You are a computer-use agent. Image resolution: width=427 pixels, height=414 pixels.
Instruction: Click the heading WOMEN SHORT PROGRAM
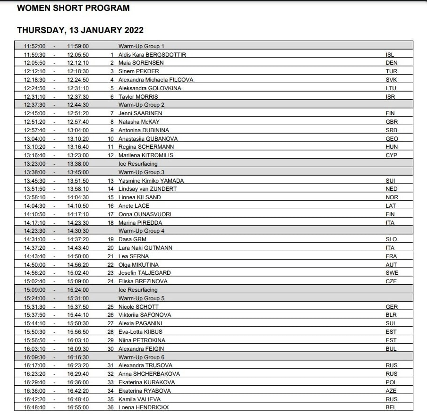pos(73,8)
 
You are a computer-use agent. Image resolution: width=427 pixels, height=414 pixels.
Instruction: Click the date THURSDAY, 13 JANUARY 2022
pos(80,30)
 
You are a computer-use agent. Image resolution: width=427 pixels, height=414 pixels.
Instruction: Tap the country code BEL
pos(391,407)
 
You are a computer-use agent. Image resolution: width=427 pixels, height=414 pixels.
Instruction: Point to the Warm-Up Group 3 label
pos(141,172)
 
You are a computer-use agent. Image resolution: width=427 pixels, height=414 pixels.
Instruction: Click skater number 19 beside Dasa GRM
pos(111,239)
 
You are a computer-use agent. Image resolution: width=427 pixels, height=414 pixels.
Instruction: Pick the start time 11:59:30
pos(35,54)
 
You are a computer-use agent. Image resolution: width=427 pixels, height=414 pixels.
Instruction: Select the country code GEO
pos(392,139)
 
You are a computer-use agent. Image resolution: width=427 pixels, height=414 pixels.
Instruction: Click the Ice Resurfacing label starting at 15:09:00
pos(138,290)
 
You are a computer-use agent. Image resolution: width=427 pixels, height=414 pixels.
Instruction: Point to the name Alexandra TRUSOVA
pos(145,365)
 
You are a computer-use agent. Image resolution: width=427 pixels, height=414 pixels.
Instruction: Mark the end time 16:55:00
pos(78,407)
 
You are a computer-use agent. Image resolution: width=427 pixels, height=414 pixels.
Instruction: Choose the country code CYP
pos(392,155)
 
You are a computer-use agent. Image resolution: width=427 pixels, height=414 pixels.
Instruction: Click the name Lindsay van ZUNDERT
pos(147,189)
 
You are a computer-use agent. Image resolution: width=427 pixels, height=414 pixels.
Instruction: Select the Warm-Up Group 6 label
pos(141,357)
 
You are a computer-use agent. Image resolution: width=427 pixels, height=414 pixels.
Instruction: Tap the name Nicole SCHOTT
pos(138,307)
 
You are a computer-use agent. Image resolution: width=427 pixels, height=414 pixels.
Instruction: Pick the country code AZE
pos(391,391)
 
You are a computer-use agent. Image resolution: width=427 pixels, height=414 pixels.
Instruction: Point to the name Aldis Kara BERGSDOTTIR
pos(152,54)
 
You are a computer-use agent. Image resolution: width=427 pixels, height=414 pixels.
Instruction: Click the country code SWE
pos(392,273)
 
